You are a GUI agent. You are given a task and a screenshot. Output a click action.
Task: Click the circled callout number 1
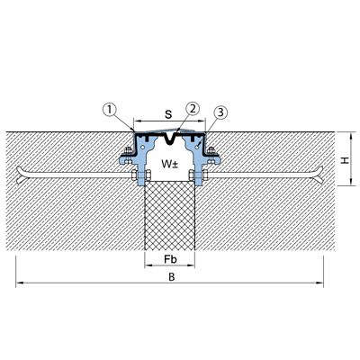click(110, 110)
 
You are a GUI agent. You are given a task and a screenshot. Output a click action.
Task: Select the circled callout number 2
click(193, 109)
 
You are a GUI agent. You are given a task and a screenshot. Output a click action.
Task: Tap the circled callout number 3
click(220, 112)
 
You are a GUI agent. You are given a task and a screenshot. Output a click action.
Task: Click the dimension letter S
click(169, 114)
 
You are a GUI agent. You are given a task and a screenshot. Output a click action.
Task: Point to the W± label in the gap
click(170, 164)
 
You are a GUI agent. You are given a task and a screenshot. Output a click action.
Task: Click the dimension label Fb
click(170, 259)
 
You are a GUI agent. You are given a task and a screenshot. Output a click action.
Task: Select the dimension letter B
click(171, 277)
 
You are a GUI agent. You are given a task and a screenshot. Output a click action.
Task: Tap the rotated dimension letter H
click(345, 160)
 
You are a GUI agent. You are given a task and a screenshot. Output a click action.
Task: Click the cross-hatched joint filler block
click(170, 215)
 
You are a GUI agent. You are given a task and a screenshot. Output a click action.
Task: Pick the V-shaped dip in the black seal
click(171, 139)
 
